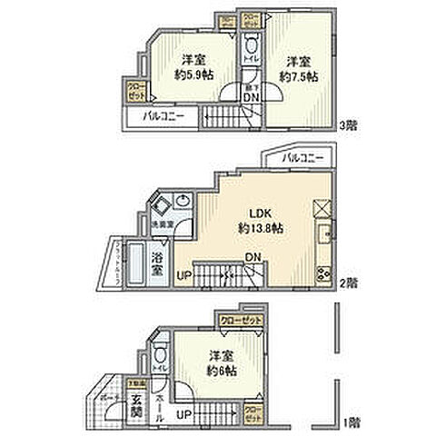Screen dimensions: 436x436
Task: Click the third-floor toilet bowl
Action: [251, 45]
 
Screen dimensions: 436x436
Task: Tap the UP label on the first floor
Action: [182, 415]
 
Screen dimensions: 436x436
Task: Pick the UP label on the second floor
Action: [183, 273]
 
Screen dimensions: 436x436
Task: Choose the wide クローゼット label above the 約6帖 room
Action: [240, 320]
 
